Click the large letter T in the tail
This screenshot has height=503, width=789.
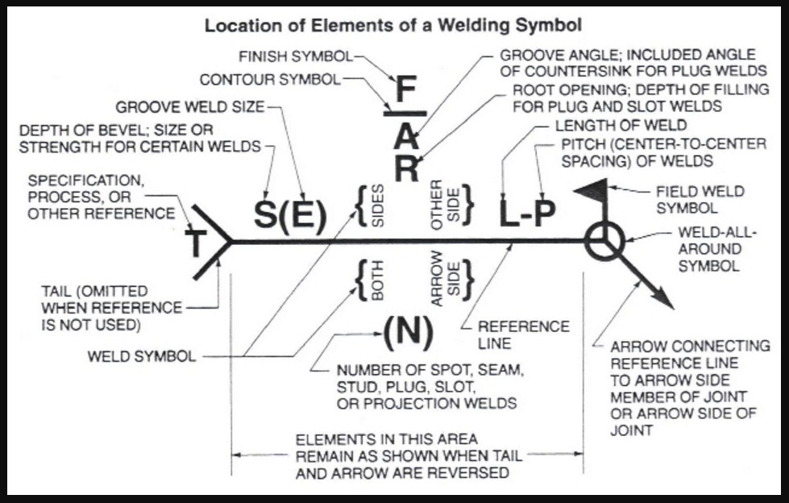(x=197, y=241)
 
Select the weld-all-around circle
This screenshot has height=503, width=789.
(x=604, y=241)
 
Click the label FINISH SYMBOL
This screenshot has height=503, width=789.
(x=297, y=57)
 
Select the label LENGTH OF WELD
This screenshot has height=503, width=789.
(x=621, y=126)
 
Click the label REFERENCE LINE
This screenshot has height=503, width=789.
(x=524, y=335)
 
